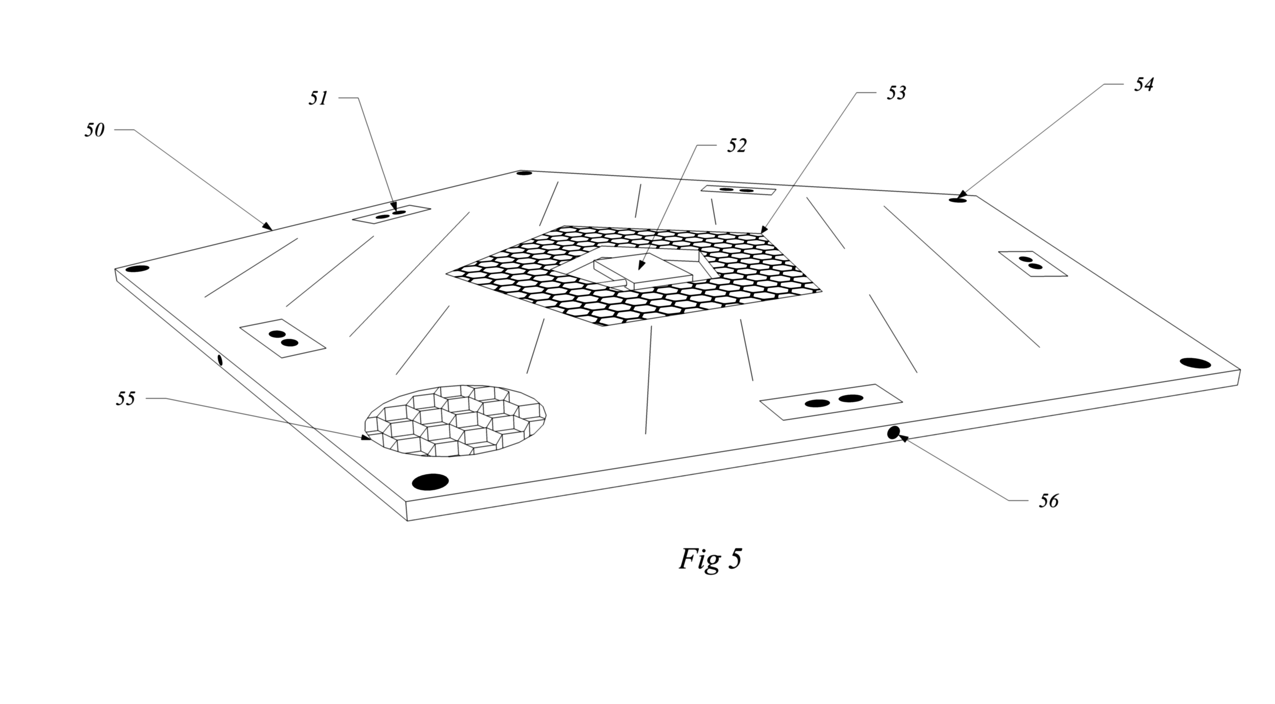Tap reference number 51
[318, 99]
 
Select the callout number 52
[736, 146]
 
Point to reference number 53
[896, 93]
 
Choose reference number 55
[125, 399]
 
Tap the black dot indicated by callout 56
[893, 433]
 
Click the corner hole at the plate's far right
[1195, 363]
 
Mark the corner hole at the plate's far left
[137, 269]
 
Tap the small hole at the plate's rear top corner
[524, 173]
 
